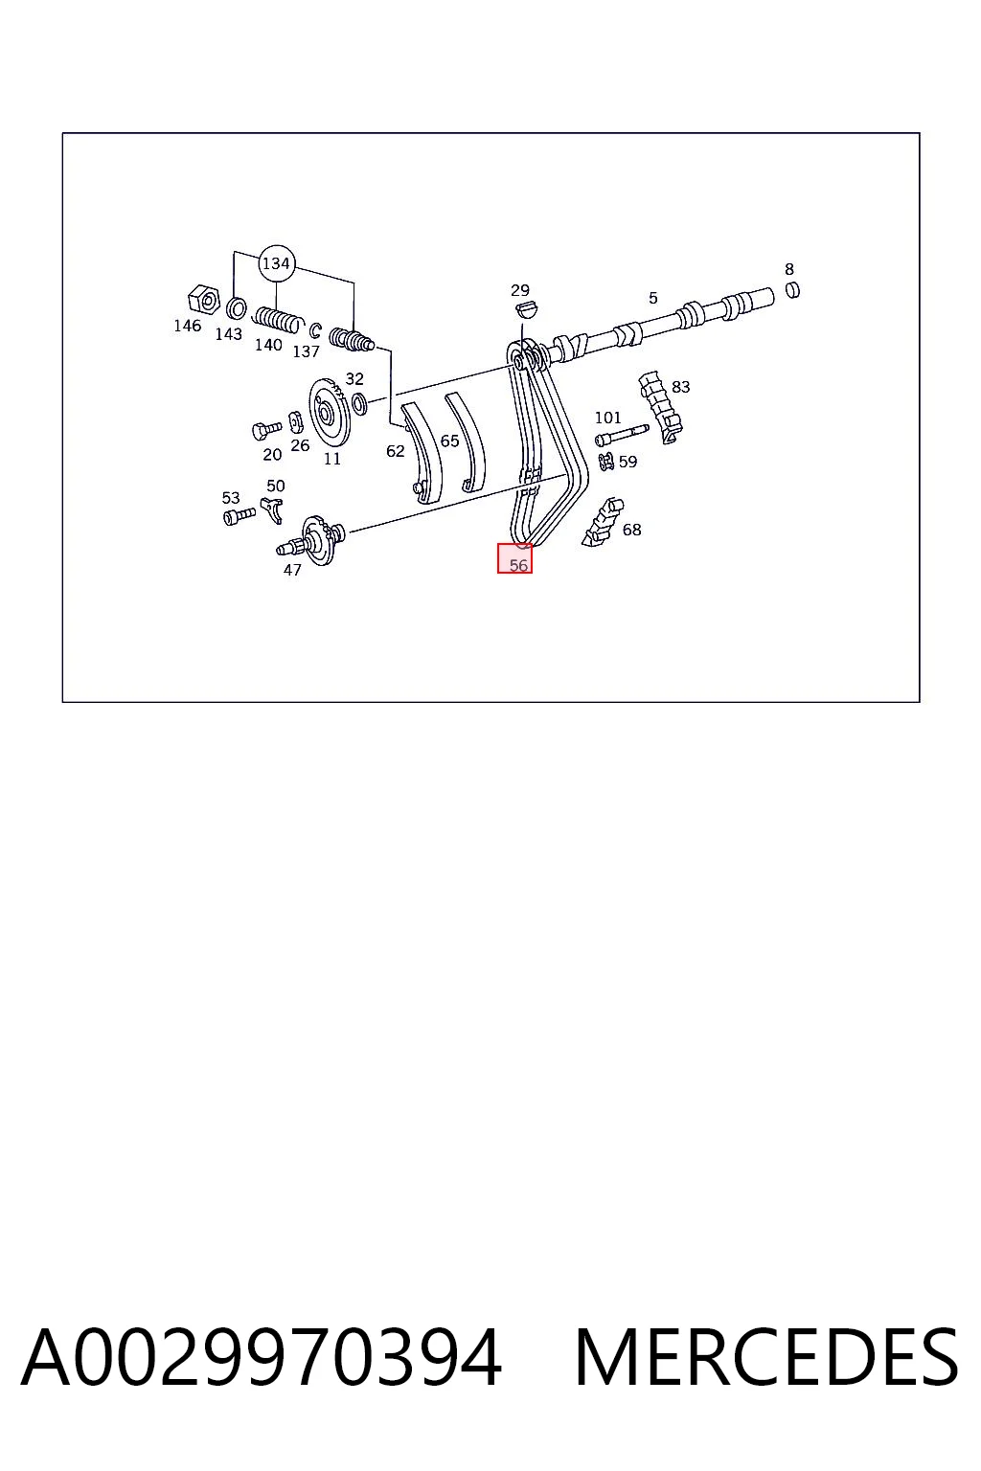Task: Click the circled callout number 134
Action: click(x=275, y=263)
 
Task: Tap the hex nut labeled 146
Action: click(x=204, y=300)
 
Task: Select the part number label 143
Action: click(x=229, y=334)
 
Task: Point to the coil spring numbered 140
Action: click(x=279, y=320)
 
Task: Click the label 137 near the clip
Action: click(x=307, y=352)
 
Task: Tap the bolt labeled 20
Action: click(x=266, y=430)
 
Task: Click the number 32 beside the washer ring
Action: click(x=354, y=379)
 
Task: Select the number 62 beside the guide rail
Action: click(x=396, y=451)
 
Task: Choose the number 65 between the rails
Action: click(x=449, y=441)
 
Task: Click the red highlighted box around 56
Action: click(x=514, y=558)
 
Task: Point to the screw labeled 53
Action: click(x=240, y=516)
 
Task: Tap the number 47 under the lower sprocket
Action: click(x=292, y=570)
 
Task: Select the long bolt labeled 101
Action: click(x=622, y=436)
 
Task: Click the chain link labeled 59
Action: click(x=606, y=461)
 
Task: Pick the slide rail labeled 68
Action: click(x=604, y=523)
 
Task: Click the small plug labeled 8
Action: click(x=793, y=289)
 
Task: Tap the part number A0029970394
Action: click(x=262, y=1358)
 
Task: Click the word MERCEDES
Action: click(x=766, y=1358)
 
